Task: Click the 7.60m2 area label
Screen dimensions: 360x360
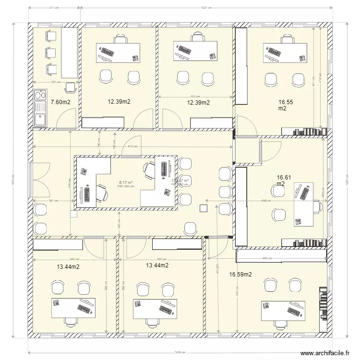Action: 60,102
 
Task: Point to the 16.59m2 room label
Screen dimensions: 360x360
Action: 240,275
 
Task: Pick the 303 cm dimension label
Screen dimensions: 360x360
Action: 195,97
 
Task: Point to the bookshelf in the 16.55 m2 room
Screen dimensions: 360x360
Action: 304,132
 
